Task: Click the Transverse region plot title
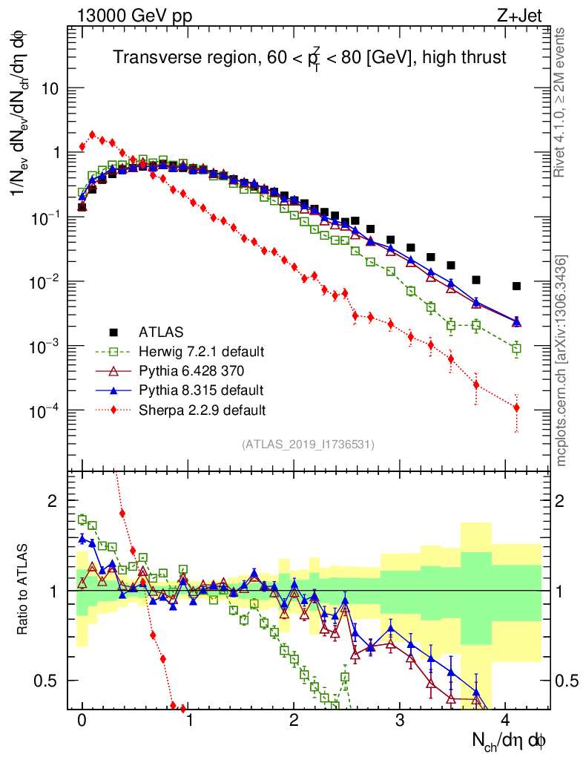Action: [309, 57]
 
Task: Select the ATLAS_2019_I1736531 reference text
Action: [308, 445]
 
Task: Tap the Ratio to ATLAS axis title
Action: [23, 586]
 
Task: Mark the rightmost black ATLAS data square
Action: [516, 286]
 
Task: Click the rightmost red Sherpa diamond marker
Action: [516, 407]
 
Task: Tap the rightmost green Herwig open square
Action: [516, 348]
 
